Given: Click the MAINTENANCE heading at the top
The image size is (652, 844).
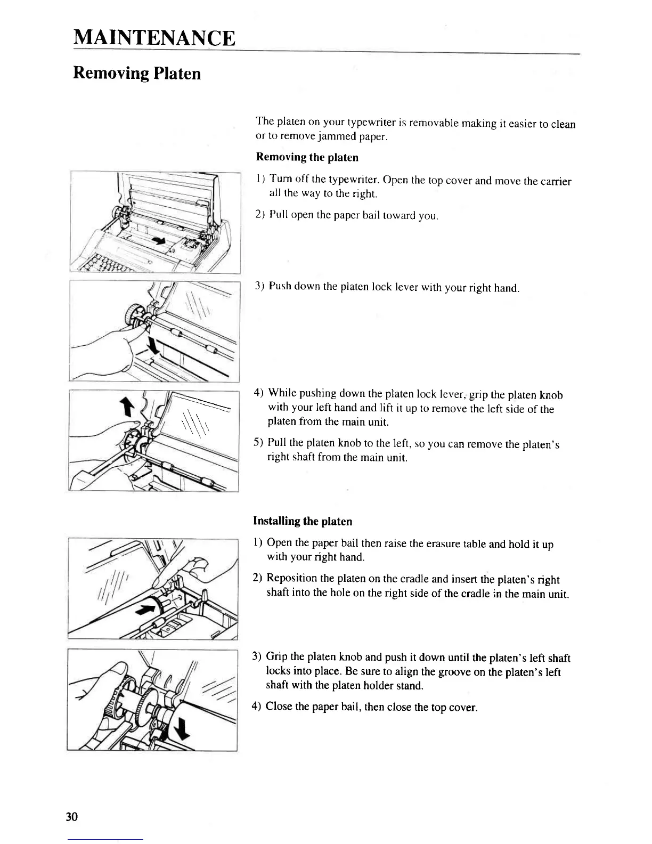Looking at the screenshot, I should (x=154, y=38).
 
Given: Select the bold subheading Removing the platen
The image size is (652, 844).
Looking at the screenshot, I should (x=307, y=157).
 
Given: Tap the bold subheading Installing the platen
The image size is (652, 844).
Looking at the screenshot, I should (x=302, y=521).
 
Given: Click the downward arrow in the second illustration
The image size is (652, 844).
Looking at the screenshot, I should (x=153, y=346).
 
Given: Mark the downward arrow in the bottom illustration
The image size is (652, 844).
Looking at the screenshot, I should (x=182, y=729).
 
